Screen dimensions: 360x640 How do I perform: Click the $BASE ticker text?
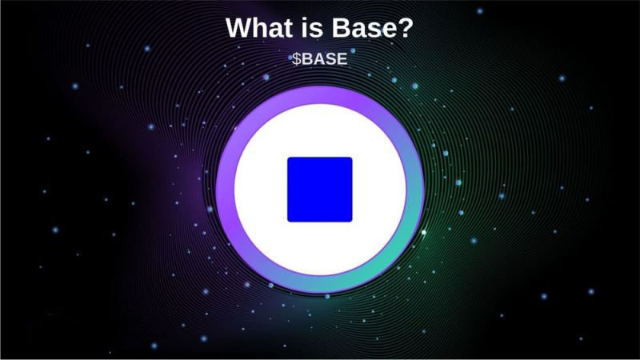click(x=319, y=59)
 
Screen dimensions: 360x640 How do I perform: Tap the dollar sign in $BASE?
click(x=296, y=59)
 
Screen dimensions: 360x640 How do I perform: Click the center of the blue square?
click(x=320, y=190)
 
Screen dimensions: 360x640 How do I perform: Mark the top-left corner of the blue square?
click(x=289, y=158)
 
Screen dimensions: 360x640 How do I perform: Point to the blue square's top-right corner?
click(x=351, y=158)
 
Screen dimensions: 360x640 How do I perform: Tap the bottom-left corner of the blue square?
click(x=289, y=221)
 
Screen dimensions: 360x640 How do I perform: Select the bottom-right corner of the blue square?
click(x=351, y=221)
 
